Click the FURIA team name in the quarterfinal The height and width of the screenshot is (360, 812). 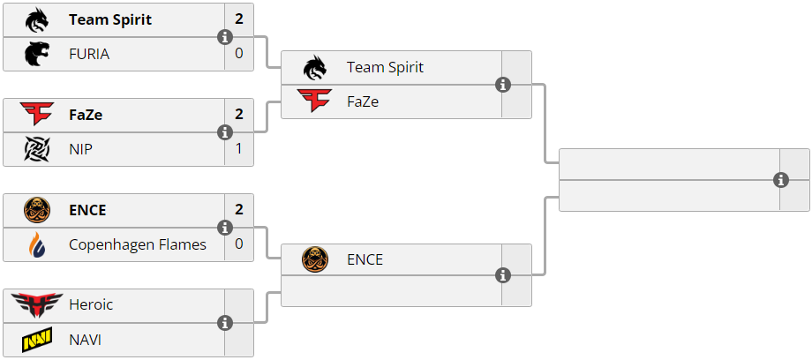[89, 54]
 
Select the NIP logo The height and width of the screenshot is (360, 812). [37, 149]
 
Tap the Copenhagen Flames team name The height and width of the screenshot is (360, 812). [138, 244]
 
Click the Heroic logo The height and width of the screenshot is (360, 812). [37, 305]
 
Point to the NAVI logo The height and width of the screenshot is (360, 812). [37, 339]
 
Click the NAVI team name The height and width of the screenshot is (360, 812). [85, 339]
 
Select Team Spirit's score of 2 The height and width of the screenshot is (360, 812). [239, 19]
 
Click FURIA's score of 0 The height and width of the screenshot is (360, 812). [239, 54]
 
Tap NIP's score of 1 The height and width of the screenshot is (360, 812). [239, 149]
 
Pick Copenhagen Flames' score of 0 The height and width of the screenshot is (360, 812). [239, 244]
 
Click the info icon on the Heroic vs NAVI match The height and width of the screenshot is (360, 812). [225, 323]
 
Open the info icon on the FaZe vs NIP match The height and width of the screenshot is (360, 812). [225, 132]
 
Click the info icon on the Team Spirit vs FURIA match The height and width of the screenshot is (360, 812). [225, 37]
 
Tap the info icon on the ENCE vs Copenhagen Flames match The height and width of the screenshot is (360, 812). [225, 228]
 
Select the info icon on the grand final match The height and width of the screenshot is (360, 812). [781, 180]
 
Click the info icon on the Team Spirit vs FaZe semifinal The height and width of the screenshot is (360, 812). [503, 85]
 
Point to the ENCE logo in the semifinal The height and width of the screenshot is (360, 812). [315, 259]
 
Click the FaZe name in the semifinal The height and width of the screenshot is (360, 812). [363, 101]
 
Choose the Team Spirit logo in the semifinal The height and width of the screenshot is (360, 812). [315, 67]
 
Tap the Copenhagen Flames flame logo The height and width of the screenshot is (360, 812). [37, 244]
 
